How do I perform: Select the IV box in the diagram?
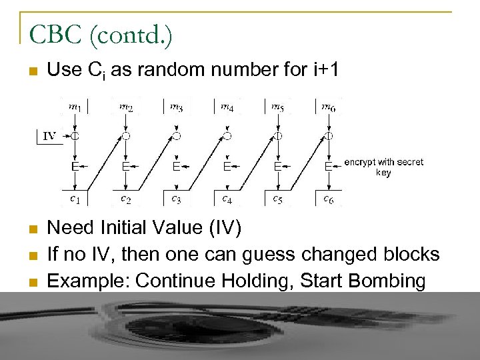click(49, 136)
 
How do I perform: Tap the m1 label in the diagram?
click(75, 106)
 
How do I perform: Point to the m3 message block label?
click(176, 106)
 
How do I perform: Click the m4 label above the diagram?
click(227, 106)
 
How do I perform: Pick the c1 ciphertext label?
click(76, 198)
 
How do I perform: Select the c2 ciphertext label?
click(125, 198)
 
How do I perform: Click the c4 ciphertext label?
click(227, 198)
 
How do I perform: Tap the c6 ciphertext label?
click(329, 198)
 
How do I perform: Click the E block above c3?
click(176, 166)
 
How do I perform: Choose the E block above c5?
click(277, 166)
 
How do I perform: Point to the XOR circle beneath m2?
click(125, 136)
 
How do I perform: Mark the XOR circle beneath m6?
click(329, 136)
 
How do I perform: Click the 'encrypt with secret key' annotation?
click(383, 167)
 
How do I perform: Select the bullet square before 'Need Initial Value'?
click(32, 229)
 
